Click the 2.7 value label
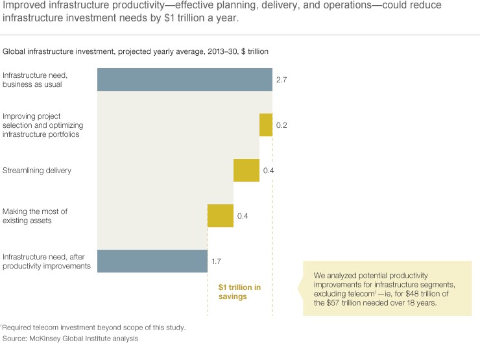point(282,80)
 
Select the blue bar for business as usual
point(185,80)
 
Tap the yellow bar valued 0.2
point(266,125)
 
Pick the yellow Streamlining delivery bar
point(246,171)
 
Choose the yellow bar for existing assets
point(221,215)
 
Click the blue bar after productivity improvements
point(152,261)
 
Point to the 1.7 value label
point(217,261)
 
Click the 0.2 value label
point(282,125)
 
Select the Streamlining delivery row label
point(37,171)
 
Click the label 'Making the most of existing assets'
point(35,216)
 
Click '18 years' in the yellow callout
point(437,303)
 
